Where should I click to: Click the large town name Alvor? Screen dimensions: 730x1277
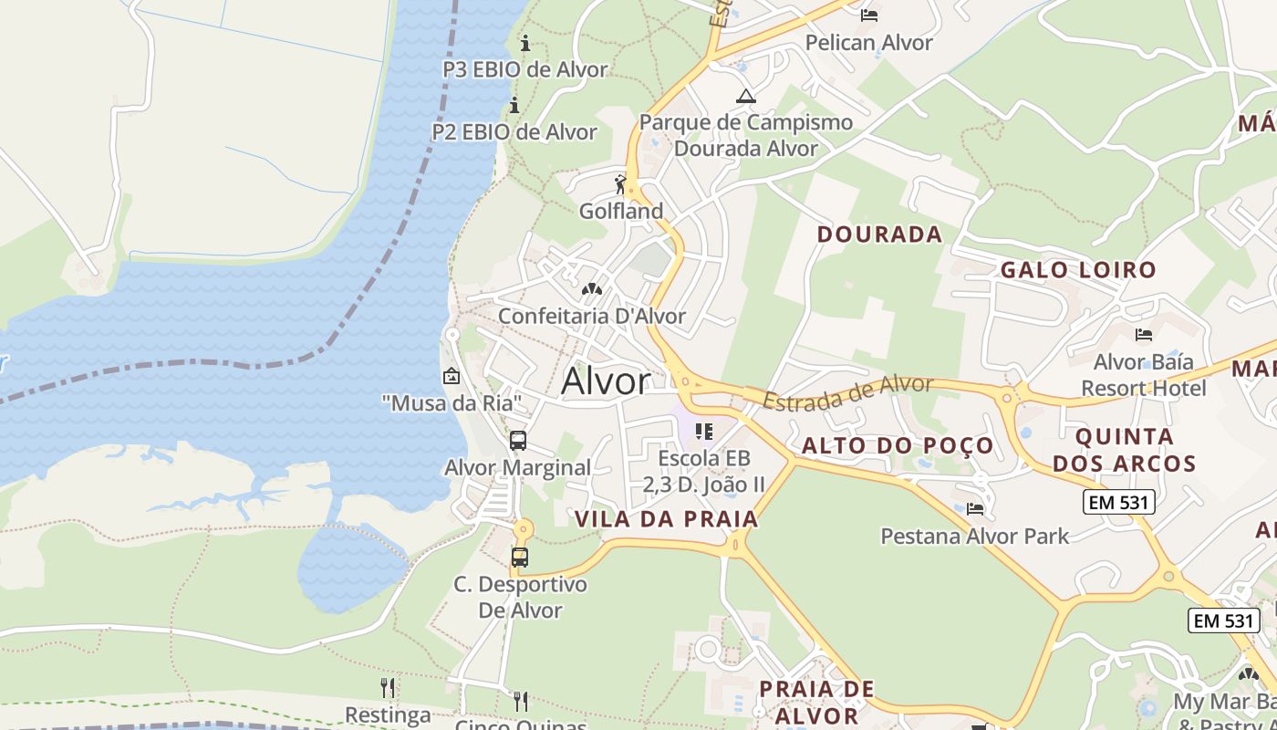(x=606, y=381)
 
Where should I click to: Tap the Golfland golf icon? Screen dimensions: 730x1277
(x=621, y=185)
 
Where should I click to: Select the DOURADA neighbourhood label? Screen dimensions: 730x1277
(x=879, y=235)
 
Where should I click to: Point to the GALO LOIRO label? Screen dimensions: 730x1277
(x=1078, y=270)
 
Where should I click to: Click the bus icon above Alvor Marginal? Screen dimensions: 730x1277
(x=518, y=441)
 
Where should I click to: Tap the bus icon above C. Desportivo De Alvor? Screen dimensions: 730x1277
(x=519, y=557)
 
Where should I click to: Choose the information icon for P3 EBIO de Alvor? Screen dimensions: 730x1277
(x=524, y=43)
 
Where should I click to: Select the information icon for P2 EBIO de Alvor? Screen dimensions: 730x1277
(x=514, y=105)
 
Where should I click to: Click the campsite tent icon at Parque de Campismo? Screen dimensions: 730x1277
(x=746, y=96)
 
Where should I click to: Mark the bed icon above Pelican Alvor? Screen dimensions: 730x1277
(x=869, y=15)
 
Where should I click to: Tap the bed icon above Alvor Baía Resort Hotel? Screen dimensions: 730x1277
(x=1143, y=335)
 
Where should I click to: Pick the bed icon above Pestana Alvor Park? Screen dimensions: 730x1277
(x=974, y=508)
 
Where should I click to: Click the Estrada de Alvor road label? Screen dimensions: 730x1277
(x=847, y=392)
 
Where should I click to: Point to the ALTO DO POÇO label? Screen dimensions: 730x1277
(x=898, y=446)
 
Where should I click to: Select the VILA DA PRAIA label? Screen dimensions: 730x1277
(x=666, y=519)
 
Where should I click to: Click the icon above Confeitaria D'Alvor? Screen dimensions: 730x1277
(x=591, y=289)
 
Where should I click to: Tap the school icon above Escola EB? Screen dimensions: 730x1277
(x=703, y=431)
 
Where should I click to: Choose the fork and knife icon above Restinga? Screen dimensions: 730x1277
(x=389, y=687)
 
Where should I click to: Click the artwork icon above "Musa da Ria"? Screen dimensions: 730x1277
(x=451, y=376)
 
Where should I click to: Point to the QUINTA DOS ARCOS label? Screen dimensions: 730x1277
(x=1124, y=450)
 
